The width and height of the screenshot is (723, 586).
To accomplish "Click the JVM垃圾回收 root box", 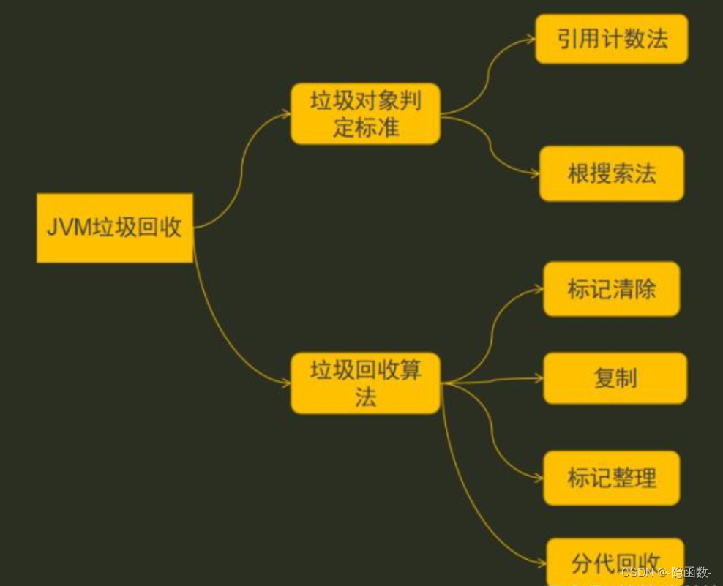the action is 115,228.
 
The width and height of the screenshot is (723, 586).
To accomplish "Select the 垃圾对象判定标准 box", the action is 365,114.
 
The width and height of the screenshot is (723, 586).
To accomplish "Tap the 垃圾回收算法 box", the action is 365,383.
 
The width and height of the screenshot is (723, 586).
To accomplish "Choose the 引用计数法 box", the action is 612,39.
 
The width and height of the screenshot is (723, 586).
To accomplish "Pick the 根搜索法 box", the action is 612,173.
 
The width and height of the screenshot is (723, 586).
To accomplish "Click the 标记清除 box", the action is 612,289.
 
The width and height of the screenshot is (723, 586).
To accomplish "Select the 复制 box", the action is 615,378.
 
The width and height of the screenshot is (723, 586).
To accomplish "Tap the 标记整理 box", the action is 612,478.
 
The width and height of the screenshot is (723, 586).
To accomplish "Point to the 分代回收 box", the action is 615,562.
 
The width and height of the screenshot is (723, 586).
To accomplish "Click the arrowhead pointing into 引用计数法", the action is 531,40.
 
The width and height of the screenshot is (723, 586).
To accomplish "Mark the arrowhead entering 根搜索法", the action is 535,174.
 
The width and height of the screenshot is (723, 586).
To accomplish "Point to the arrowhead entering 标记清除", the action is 539,290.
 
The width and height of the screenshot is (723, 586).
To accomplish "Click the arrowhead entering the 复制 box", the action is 539,379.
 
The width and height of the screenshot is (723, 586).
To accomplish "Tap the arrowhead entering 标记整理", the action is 539,478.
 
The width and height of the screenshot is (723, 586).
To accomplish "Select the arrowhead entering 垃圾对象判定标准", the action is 286,114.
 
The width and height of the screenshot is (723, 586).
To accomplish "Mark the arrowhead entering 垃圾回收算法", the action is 286,383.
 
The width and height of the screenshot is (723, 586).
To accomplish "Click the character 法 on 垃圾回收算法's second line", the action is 365,397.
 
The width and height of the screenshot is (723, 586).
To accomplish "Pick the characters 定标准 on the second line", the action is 365,127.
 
